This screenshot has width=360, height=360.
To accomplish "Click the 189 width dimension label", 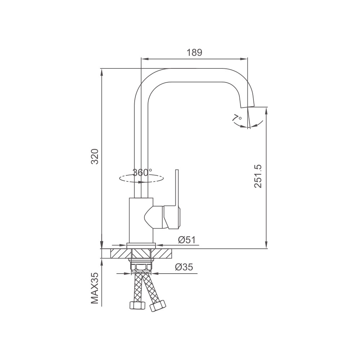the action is tap(194, 53).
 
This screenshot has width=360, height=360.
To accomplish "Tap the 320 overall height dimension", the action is tap(95, 156).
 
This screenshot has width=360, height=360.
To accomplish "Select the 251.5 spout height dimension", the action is tap(258, 176).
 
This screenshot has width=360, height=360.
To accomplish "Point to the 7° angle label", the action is tap(237, 118).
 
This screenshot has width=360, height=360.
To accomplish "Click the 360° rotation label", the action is tap(142, 172).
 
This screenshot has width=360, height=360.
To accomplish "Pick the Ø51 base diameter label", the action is tap(186, 240).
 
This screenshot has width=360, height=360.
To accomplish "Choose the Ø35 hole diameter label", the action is tap(184, 267).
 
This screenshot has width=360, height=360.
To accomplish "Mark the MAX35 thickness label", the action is tap(95, 288).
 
